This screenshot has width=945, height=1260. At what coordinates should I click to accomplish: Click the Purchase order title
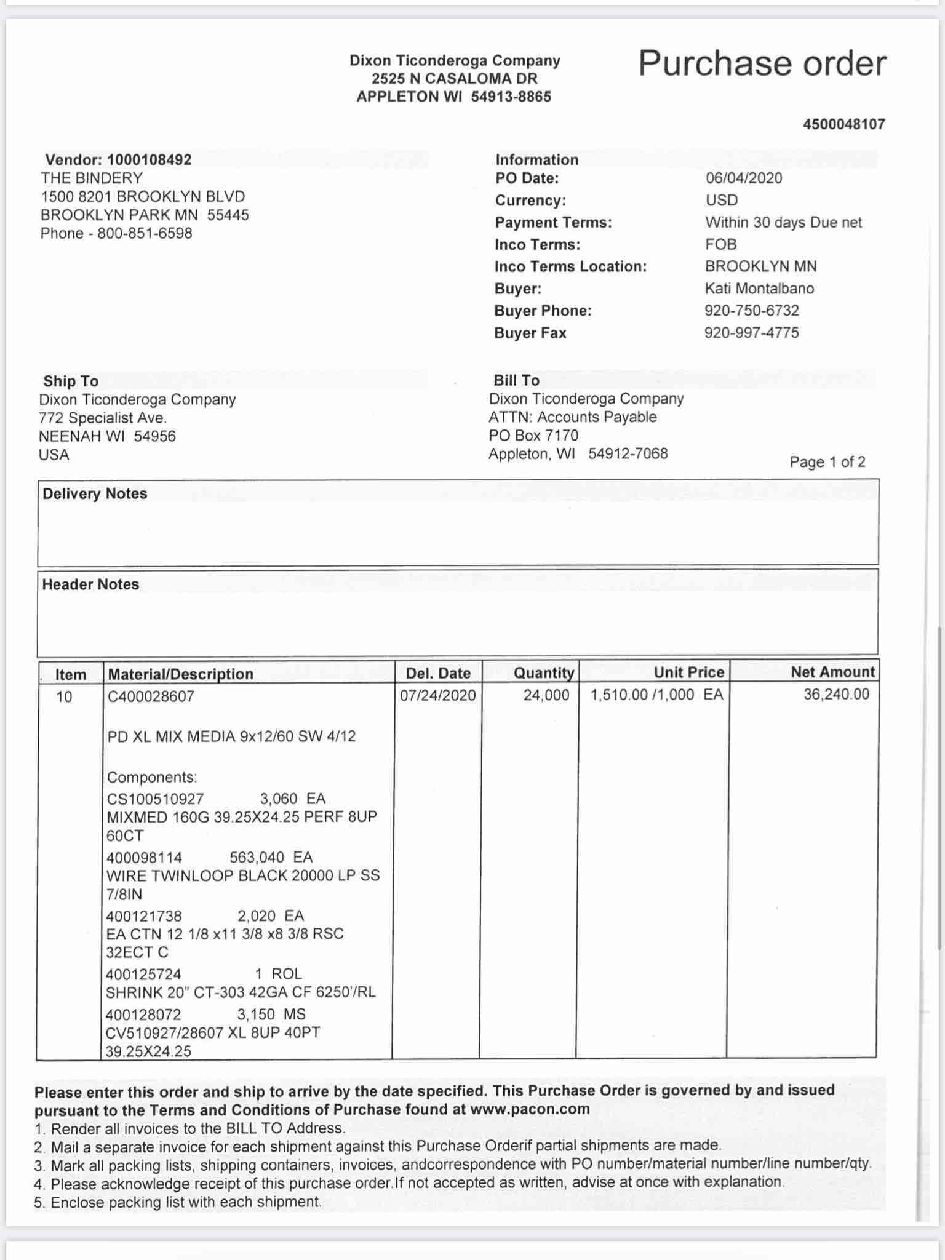coord(762,63)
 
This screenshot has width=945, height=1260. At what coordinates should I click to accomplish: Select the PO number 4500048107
coord(843,124)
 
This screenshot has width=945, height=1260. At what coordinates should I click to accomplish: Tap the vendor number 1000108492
coord(149,160)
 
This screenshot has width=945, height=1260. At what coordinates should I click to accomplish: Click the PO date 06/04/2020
coord(744,178)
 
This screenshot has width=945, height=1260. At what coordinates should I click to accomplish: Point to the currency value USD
coord(721,201)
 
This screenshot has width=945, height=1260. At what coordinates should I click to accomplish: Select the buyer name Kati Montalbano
coord(759,289)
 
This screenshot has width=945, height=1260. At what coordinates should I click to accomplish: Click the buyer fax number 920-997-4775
coord(751,333)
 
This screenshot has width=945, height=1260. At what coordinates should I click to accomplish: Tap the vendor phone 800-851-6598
coord(145,234)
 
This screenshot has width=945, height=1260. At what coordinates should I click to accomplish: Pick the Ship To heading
coord(71,381)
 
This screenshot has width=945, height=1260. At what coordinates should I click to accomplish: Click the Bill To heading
coord(516,380)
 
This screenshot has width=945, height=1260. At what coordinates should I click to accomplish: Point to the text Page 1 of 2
coord(827,462)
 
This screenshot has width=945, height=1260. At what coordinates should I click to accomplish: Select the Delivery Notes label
coord(95,494)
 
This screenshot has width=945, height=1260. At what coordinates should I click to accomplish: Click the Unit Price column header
coord(688,672)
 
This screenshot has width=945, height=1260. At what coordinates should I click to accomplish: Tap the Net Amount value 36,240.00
coord(836,695)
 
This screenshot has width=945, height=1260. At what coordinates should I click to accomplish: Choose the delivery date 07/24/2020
coord(437,696)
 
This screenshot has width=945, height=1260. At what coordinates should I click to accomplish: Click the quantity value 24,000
coord(546,696)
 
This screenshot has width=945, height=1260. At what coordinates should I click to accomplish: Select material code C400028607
coord(151,696)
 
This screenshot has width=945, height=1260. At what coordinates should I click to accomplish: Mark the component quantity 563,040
coord(257,858)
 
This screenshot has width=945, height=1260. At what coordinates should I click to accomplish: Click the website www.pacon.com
coord(529,1109)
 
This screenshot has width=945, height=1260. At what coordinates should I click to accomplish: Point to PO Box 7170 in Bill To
coord(533,436)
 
